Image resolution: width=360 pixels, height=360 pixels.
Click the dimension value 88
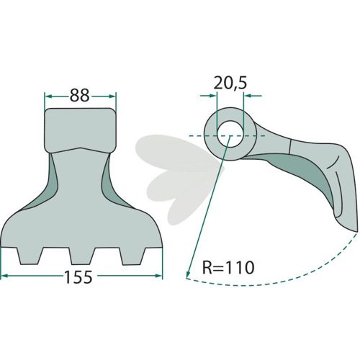(79, 95)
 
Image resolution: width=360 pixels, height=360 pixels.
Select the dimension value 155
(78, 276)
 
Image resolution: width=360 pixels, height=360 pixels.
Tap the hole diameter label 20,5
(230, 84)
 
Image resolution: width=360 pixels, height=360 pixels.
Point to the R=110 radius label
(228, 267)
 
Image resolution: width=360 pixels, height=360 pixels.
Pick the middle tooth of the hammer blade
(82, 256)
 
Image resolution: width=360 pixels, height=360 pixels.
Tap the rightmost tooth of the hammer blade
(132, 256)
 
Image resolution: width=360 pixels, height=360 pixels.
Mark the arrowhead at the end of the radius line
(188, 273)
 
